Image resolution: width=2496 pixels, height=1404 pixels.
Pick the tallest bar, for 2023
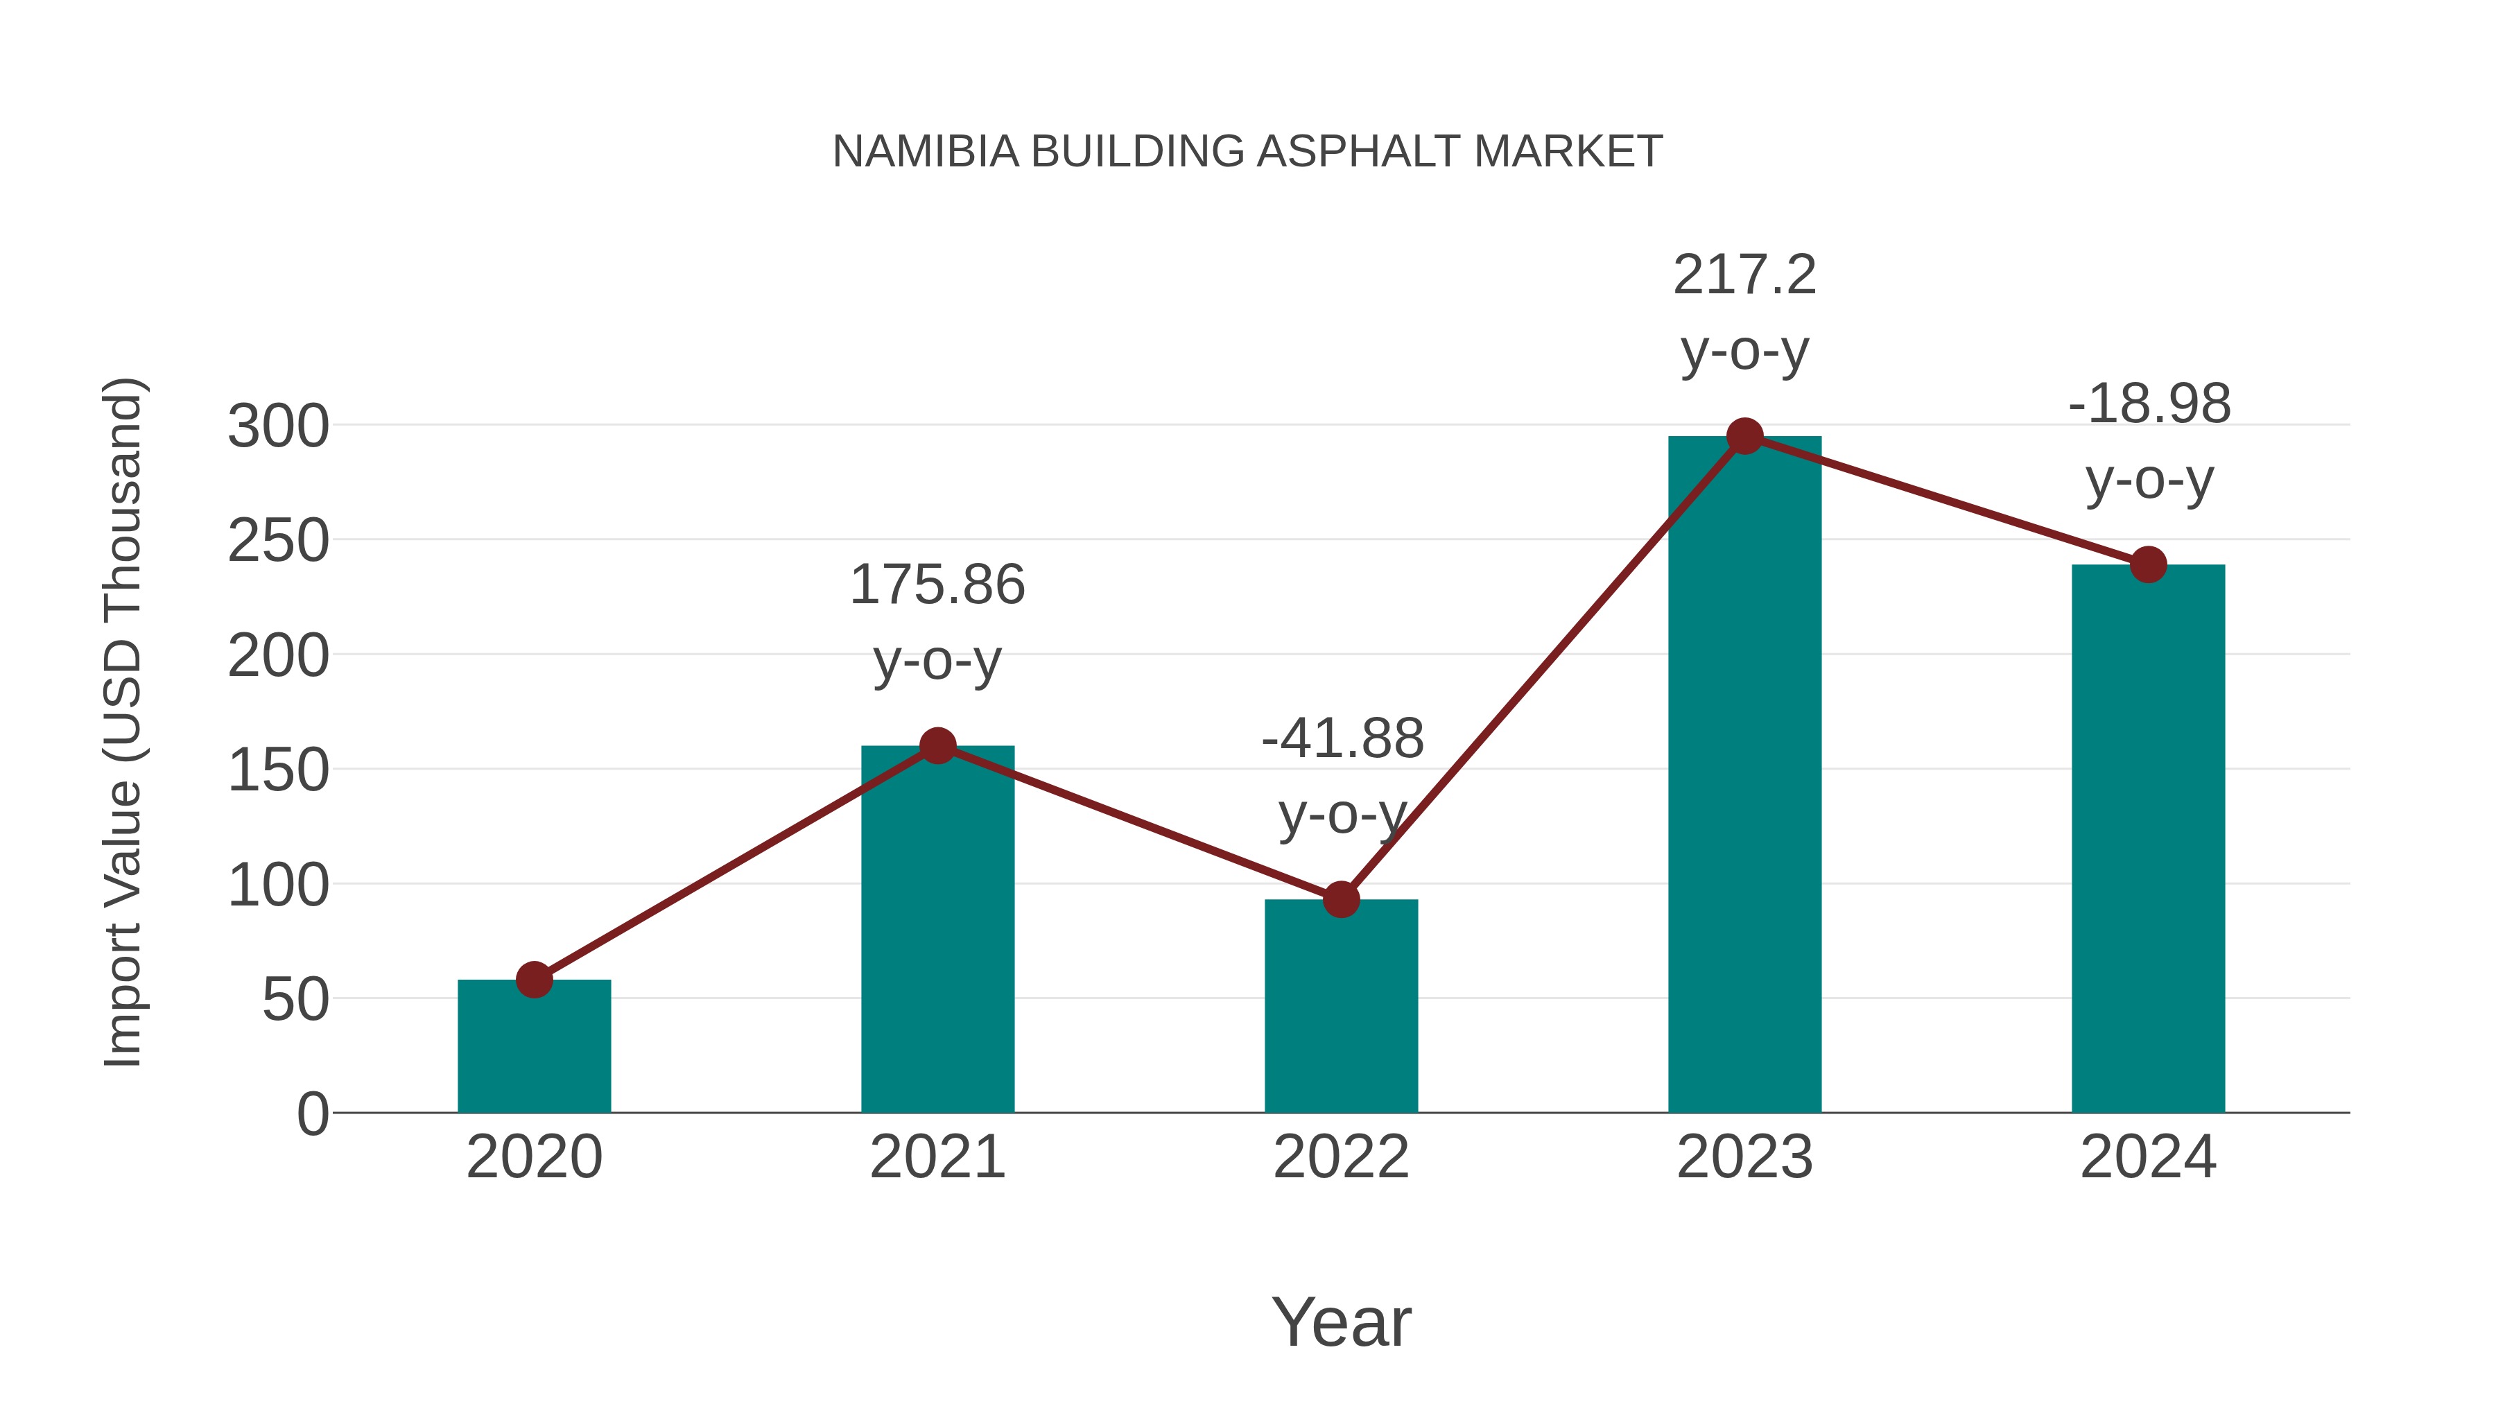pyautogui.click(x=1744, y=775)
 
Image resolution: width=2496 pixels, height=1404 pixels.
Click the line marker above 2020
pyautogui.click(x=534, y=980)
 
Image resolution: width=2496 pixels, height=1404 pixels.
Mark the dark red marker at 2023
pyautogui.click(x=1744, y=437)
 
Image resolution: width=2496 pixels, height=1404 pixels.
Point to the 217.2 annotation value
pyautogui.click(x=1744, y=275)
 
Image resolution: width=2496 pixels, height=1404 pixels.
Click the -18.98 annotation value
pyautogui.click(x=2149, y=404)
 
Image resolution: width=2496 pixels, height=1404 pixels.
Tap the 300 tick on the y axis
pyautogui.click(x=278, y=426)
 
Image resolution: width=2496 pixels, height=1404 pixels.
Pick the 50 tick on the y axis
pyautogui.click(x=295, y=1000)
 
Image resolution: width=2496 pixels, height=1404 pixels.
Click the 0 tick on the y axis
pyautogui.click(x=312, y=1114)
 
